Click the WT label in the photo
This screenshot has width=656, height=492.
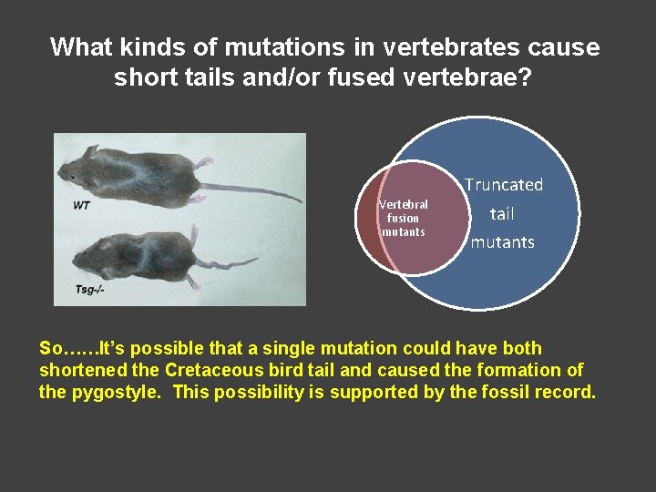(x=82, y=205)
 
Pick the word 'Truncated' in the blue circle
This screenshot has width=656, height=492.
(x=503, y=185)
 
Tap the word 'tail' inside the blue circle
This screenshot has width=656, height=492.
(x=502, y=214)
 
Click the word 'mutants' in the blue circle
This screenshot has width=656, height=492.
(x=502, y=242)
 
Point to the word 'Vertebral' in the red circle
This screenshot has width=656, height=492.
(x=404, y=205)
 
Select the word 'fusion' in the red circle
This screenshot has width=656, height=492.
(x=403, y=218)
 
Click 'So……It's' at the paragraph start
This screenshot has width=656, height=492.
(x=75, y=348)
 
